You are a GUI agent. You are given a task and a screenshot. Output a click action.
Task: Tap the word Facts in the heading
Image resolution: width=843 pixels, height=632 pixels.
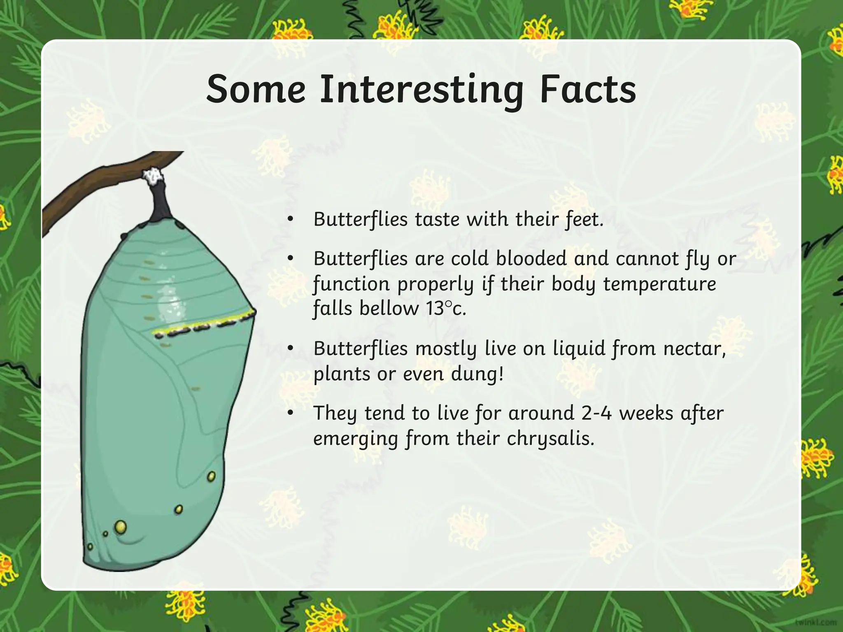[x=588, y=90]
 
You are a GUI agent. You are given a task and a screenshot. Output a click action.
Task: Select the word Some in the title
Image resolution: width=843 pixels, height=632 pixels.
[x=256, y=90]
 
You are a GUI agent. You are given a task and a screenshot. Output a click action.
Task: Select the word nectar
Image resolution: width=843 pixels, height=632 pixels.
[x=694, y=349]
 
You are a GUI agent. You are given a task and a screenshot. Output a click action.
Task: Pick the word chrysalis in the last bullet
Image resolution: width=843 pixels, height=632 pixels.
[x=550, y=439]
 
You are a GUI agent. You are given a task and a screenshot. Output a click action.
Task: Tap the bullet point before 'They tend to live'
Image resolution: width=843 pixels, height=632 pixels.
[x=291, y=413]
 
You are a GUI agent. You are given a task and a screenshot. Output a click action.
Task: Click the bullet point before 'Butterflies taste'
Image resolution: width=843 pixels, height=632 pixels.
[x=291, y=219]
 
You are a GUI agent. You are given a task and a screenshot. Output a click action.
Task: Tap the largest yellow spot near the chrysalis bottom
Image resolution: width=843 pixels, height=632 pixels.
[x=121, y=526]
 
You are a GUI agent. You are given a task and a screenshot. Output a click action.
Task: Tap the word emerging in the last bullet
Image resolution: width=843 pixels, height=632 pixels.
[x=356, y=439]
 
